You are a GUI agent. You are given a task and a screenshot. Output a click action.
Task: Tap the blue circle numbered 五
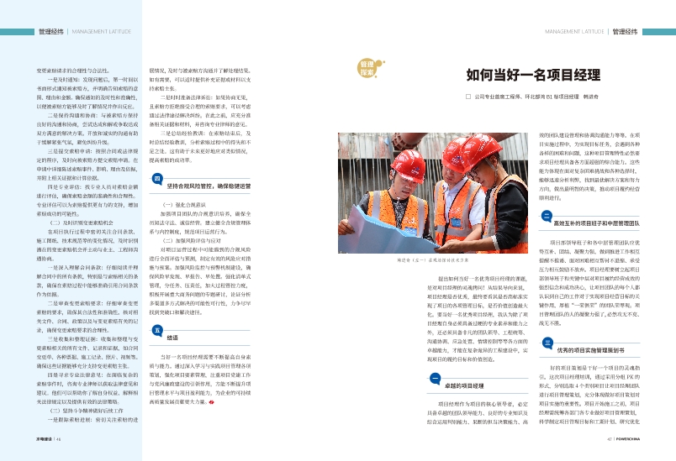coord(157,331)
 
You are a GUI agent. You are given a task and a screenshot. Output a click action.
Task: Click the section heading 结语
coord(172,338)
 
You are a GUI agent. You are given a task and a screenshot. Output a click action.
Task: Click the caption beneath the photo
coord(421,262)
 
